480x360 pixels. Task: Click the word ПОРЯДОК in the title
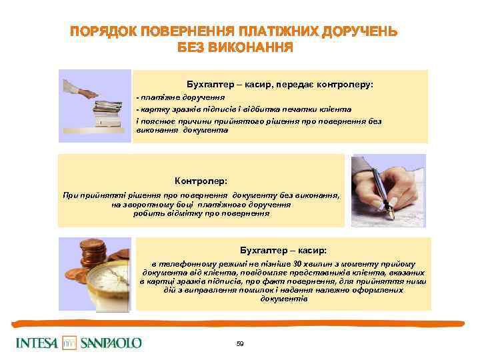[102, 31]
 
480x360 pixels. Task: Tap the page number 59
[240, 343]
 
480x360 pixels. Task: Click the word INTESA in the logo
[37, 343]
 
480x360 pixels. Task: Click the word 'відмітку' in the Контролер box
[180, 214]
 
